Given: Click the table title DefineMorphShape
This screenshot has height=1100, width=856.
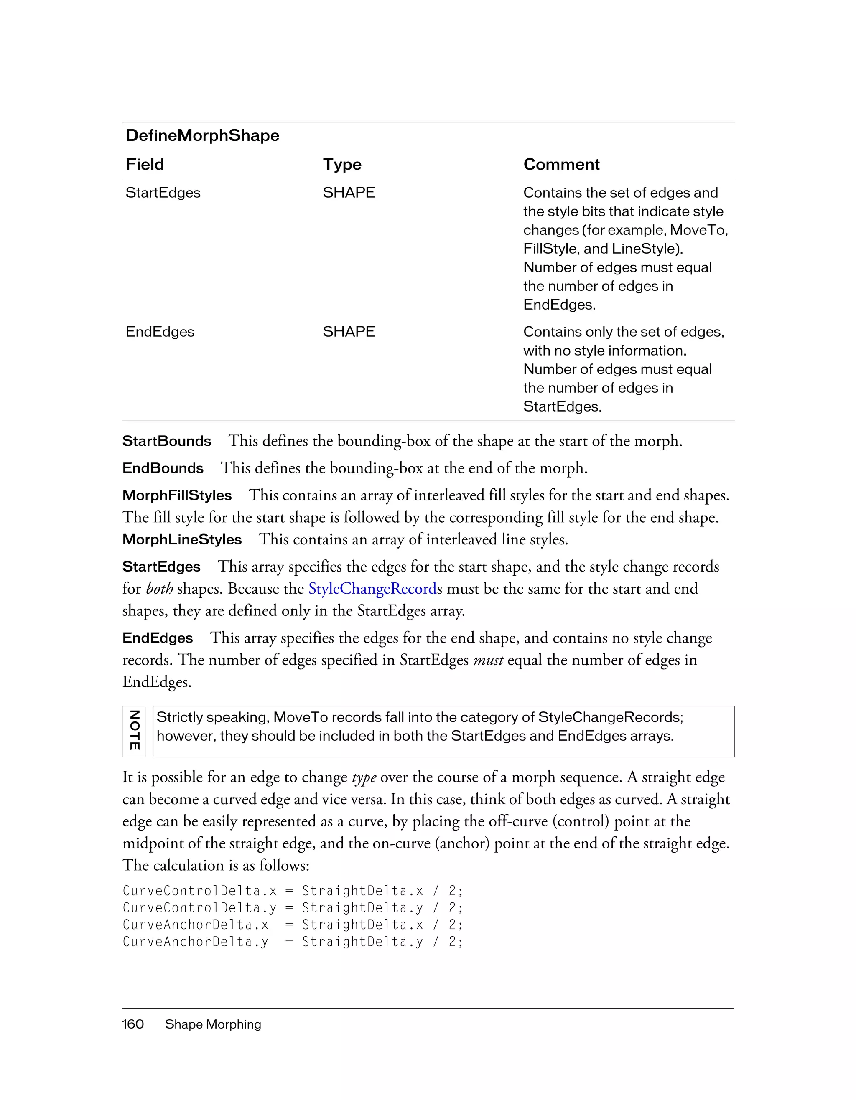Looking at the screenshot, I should coord(202,135).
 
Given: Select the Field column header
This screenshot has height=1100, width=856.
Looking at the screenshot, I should coord(145,164).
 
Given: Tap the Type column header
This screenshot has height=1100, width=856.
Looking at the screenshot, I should coord(342,164).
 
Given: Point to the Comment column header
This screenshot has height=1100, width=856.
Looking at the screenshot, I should coord(561,164).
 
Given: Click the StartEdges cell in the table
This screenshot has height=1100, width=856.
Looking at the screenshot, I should coord(163,193).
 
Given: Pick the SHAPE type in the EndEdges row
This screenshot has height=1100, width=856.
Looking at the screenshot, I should coord(349,332).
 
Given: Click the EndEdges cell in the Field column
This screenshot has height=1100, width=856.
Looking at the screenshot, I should coord(160,332).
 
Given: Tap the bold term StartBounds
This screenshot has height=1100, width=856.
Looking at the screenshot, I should coord(166,441).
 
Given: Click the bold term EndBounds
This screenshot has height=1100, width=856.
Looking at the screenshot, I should coord(163,468).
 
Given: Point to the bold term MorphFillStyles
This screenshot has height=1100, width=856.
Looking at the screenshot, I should coord(177,495).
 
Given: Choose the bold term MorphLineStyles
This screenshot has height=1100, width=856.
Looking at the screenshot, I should coord(182,540).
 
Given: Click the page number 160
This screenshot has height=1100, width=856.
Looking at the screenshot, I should coord(133,1024).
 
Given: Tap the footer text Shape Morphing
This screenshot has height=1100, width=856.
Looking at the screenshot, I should coord(213,1024).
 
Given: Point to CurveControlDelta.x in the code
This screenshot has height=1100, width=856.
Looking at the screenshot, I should coord(199,891).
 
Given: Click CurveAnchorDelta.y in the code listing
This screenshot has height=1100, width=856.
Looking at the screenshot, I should coord(196,942).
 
